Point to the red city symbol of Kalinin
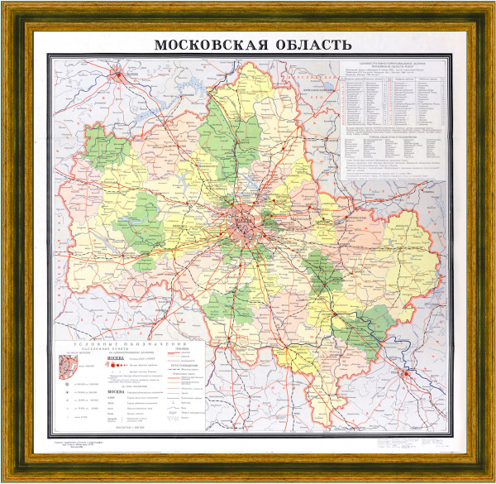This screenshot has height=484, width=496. coord(122,77)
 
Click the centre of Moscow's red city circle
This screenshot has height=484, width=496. coord(243,222)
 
